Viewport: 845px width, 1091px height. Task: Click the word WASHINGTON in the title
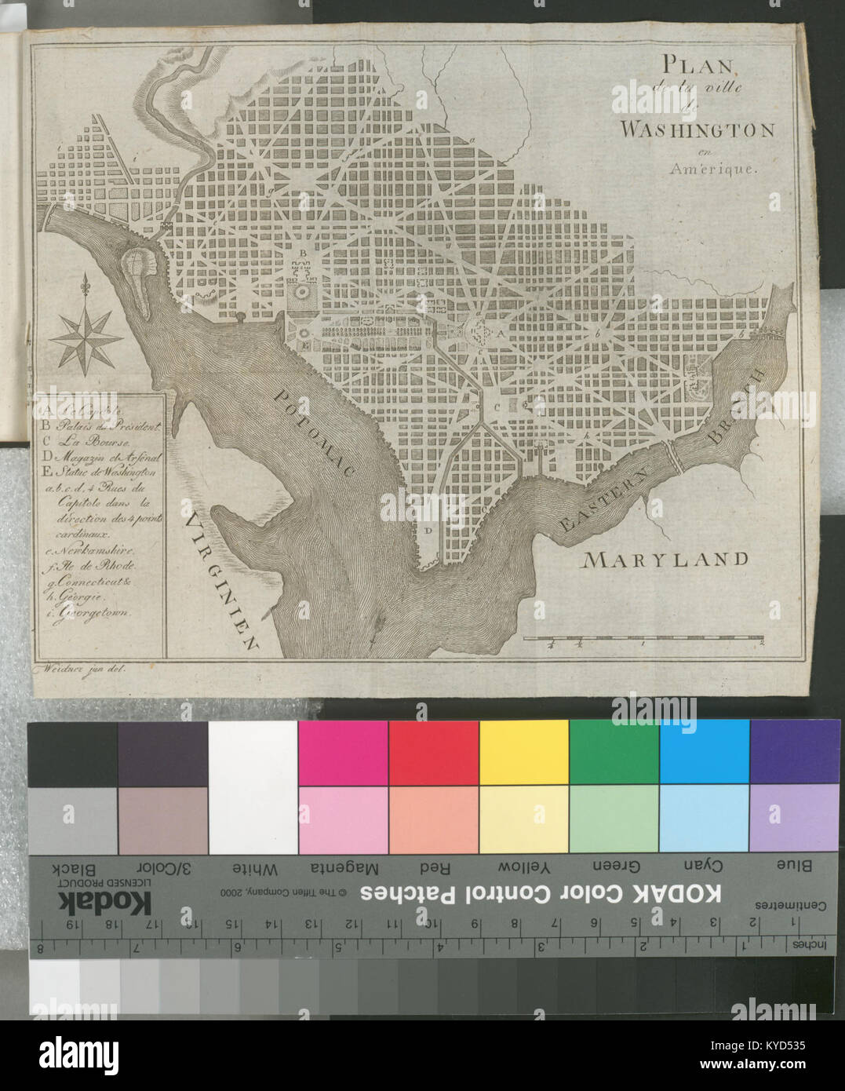click(x=697, y=130)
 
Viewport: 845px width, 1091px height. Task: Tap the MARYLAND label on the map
click(x=665, y=559)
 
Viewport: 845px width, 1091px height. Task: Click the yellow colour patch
click(x=523, y=752)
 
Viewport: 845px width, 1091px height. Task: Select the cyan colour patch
click(x=704, y=752)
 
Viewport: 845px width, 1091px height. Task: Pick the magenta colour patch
click(x=343, y=752)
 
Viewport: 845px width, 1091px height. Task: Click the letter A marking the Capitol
click(x=497, y=333)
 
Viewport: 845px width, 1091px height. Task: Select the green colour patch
click(x=614, y=752)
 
